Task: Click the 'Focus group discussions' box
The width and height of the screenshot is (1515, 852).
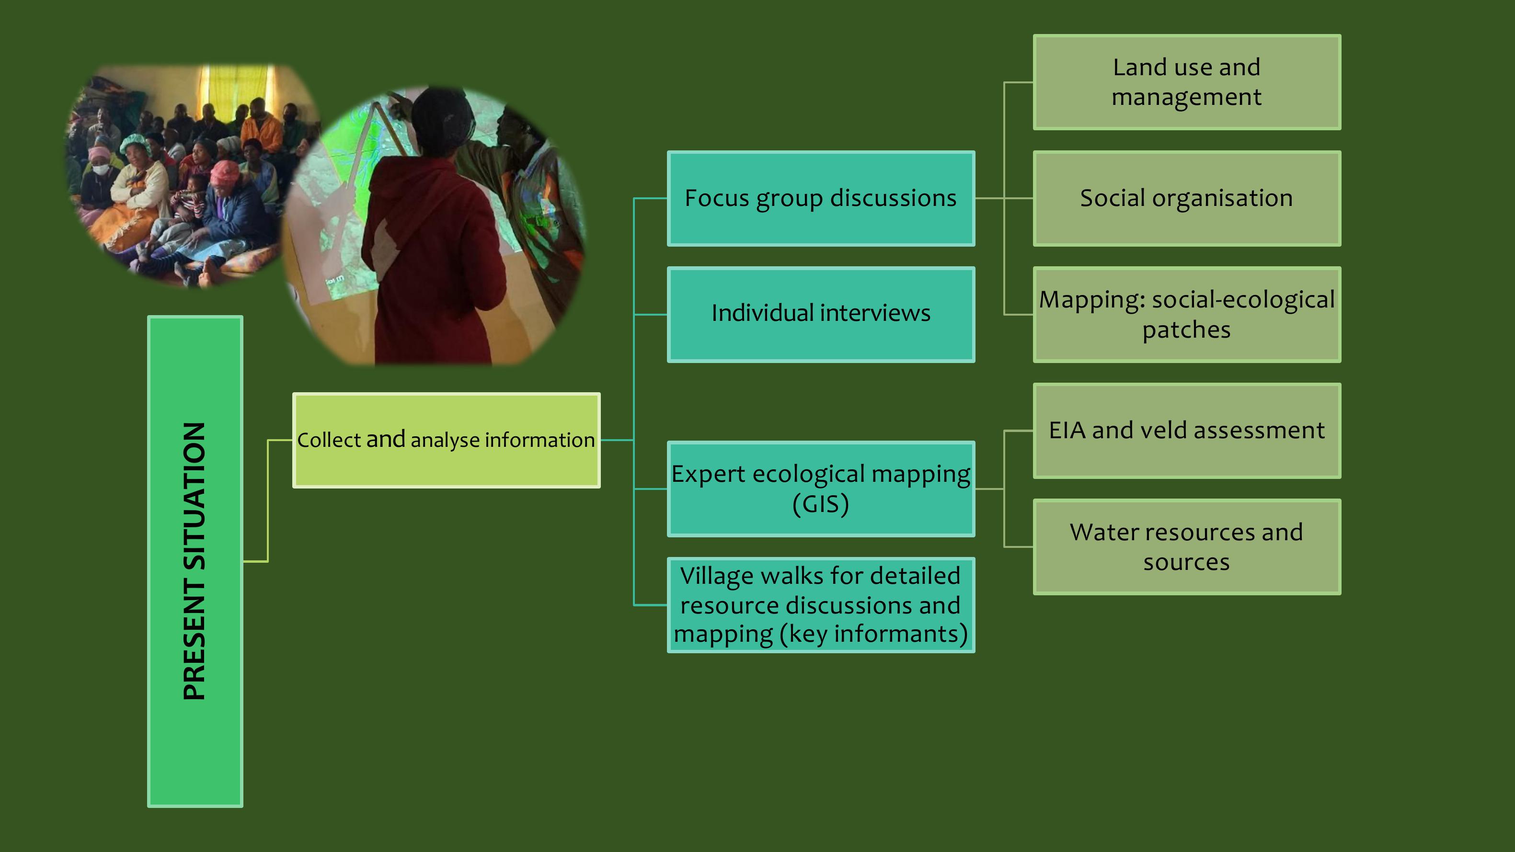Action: pos(821,198)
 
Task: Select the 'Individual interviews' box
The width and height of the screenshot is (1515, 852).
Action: pos(821,315)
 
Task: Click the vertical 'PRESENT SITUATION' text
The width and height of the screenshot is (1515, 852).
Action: pos(195,561)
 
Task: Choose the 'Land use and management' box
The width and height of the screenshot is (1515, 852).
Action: pos(1187,82)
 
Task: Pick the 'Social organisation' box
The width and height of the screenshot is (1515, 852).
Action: pos(1187,198)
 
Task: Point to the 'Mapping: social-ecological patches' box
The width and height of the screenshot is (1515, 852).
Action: pos(1187,315)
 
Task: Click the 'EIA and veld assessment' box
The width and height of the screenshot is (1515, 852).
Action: pos(1187,431)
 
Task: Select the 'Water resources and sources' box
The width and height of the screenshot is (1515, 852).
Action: pos(1187,547)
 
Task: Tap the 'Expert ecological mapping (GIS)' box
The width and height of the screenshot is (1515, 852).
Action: pos(821,488)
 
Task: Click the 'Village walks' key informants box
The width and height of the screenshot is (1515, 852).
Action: pos(821,605)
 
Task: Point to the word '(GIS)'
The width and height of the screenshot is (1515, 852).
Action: pos(821,504)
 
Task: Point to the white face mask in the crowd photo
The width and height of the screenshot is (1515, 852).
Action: pos(101,170)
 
